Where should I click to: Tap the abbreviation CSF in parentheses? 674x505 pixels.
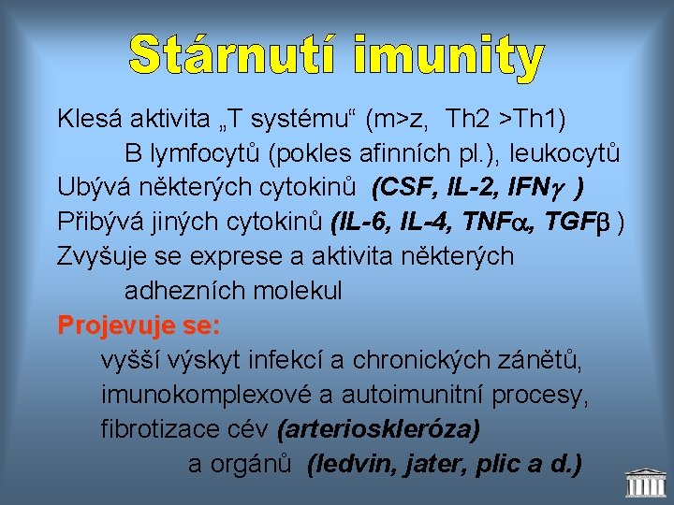click(x=401, y=188)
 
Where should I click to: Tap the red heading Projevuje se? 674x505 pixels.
click(x=139, y=325)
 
